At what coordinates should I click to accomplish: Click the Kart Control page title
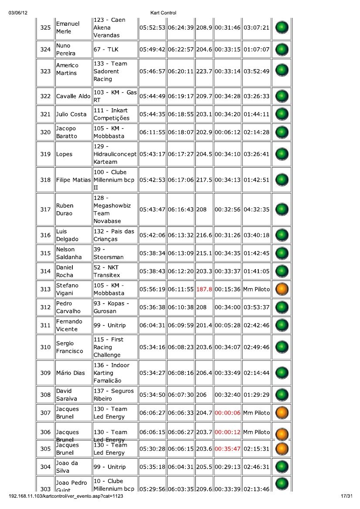(x=163, y=13)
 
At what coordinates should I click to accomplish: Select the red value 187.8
(x=204, y=290)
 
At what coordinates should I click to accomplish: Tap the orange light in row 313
(x=282, y=290)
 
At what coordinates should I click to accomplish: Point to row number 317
(x=45, y=209)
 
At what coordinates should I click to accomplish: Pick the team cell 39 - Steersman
(x=109, y=253)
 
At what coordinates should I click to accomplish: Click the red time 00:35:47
(x=228, y=449)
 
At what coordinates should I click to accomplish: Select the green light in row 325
(x=282, y=28)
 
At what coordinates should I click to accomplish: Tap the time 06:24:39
(x=181, y=28)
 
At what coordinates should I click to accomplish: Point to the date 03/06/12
(x=18, y=13)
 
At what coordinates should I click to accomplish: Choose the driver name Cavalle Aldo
(x=73, y=96)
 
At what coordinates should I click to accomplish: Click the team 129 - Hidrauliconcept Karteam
(x=115, y=154)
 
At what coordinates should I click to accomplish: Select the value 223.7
(x=204, y=71)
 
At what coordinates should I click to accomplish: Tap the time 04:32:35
(x=256, y=209)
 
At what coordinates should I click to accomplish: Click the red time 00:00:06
(x=228, y=413)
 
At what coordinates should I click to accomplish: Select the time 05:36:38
(x=153, y=307)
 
